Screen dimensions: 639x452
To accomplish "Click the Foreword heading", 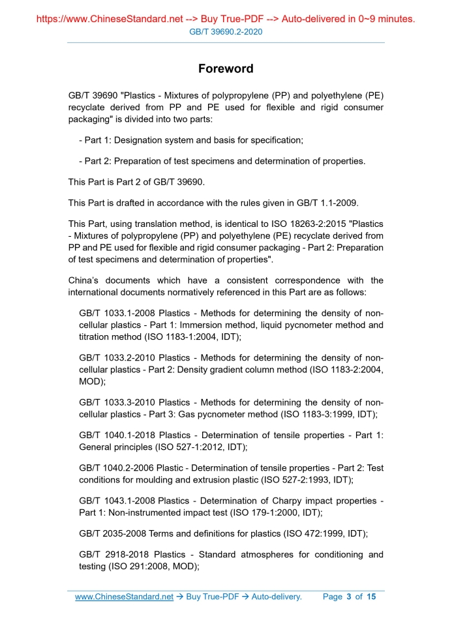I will [226, 68].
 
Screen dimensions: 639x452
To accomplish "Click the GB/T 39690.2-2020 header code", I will [226, 31].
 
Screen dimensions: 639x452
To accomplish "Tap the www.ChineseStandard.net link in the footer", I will [124, 597].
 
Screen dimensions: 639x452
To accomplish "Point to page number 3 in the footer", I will [349, 597].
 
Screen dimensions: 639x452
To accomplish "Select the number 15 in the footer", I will [371, 597].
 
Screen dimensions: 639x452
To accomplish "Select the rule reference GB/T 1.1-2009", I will [326, 202].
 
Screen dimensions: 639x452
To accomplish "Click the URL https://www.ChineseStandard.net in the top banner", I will [110, 19].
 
